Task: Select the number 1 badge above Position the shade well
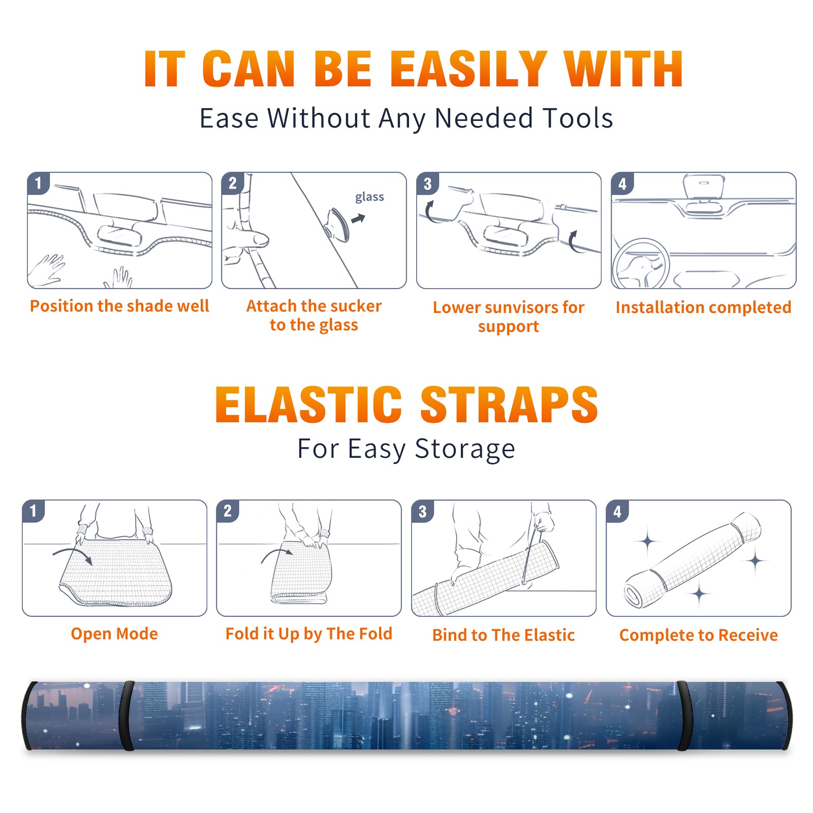38,183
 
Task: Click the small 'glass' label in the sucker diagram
369,197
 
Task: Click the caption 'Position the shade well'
119,306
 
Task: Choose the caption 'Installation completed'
703,307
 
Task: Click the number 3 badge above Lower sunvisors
427,183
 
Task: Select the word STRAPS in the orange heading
510,404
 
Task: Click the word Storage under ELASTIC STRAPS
465,449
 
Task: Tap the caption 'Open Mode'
114,634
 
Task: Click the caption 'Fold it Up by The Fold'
309,634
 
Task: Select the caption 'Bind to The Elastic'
504,635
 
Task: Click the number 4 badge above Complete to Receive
617,511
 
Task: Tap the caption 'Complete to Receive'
699,635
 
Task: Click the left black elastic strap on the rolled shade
127,716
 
